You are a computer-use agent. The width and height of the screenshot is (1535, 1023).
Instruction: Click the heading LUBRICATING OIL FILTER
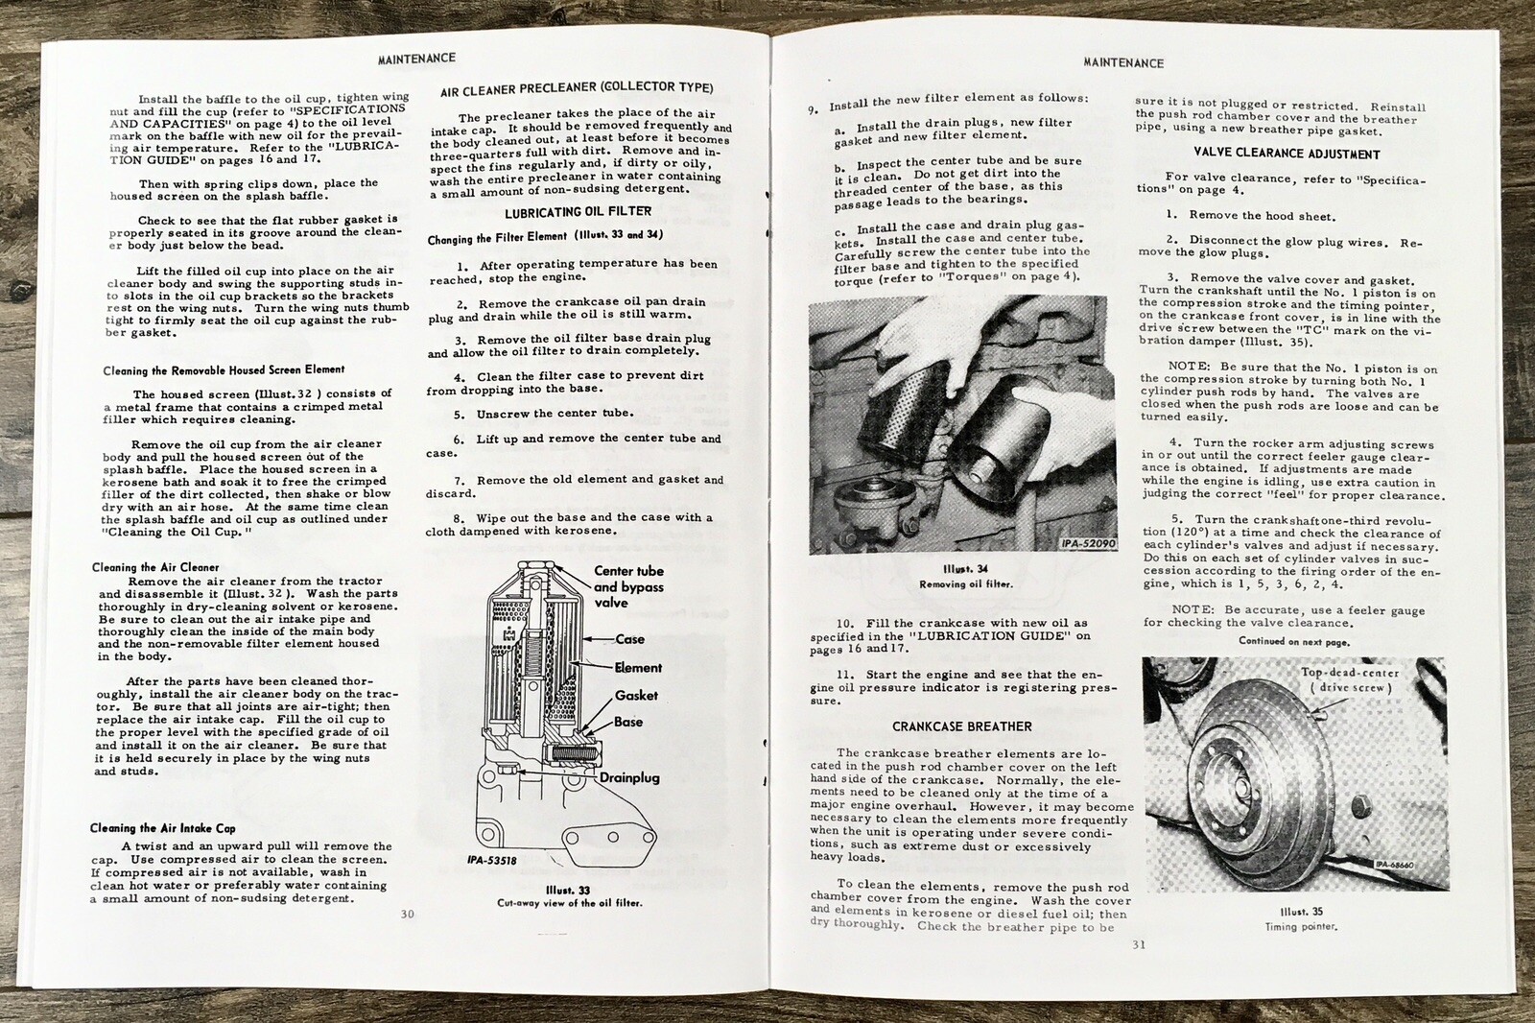tap(578, 212)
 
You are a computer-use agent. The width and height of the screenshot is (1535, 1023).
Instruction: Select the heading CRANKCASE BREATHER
tap(961, 726)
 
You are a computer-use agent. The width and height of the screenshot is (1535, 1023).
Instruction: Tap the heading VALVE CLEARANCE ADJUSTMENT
tap(1287, 154)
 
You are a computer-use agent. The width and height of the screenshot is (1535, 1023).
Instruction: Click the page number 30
tap(407, 914)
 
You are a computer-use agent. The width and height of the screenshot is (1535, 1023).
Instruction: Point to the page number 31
tap(1138, 944)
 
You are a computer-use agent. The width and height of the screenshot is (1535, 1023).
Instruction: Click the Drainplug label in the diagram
tap(629, 777)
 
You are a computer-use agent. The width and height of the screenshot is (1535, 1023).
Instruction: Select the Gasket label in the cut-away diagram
tap(636, 695)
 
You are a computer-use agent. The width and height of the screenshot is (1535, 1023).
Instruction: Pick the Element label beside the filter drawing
tap(638, 668)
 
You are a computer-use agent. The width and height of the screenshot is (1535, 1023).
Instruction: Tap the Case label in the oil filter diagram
tap(629, 639)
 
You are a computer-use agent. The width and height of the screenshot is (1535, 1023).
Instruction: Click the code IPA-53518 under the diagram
tap(492, 860)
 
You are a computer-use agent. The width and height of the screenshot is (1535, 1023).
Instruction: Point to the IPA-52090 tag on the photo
tap(1088, 543)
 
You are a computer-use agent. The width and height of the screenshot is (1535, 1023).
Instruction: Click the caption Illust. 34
tap(965, 569)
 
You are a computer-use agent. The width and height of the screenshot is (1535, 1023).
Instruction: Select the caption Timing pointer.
tap(1301, 927)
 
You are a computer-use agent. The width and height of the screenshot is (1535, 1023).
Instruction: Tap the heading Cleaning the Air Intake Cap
tap(162, 828)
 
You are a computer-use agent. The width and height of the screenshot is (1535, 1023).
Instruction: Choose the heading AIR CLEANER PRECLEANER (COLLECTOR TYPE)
tap(577, 89)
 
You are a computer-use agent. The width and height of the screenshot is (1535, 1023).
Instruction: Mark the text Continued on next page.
tap(1293, 641)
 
